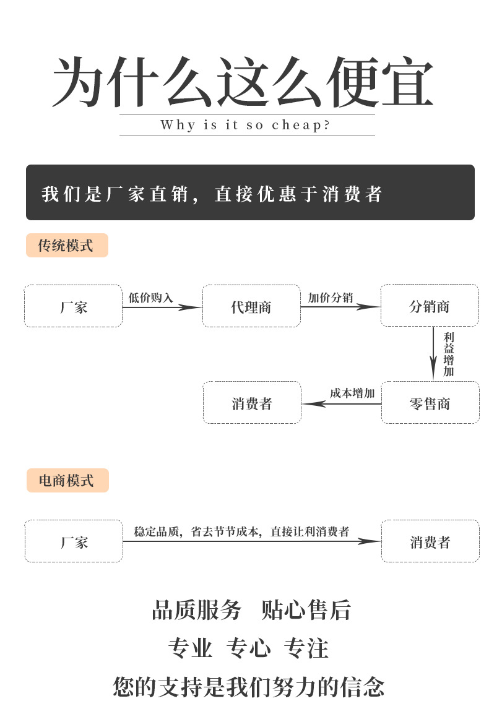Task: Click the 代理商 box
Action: pyautogui.click(x=251, y=306)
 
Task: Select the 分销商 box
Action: pyautogui.click(x=430, y=306)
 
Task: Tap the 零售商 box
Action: pyautogui.click(x=430, y=403)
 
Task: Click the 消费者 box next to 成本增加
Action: pyautogui.click(x=252, y=403)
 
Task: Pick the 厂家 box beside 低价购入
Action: pyautogui.click(x=74, y=306)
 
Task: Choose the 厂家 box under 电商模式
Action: pyautogui.click(x=74, y=541)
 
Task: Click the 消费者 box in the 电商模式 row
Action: pyautogui.click(x=430, y=541)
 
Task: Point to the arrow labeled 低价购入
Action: pyautogui.click(x=162, y=307)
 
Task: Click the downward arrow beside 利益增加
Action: pyautogui.click(x=435, y=354)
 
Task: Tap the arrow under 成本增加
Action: pyautogui.click(x=341, y=404)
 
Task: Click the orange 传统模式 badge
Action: pyautogui.click(x=67, y=246)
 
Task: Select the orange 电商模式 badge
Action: pyautogui.click(x=67, y=481)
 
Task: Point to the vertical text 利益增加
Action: pyautogui.click(x=449, y=354)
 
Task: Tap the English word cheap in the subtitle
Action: pyautogui.click(x=296, y=125)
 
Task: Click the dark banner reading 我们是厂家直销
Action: pyautogui.click(x=250, y=192)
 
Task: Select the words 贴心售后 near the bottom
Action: pyautogui.click(x=306, y=610)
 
